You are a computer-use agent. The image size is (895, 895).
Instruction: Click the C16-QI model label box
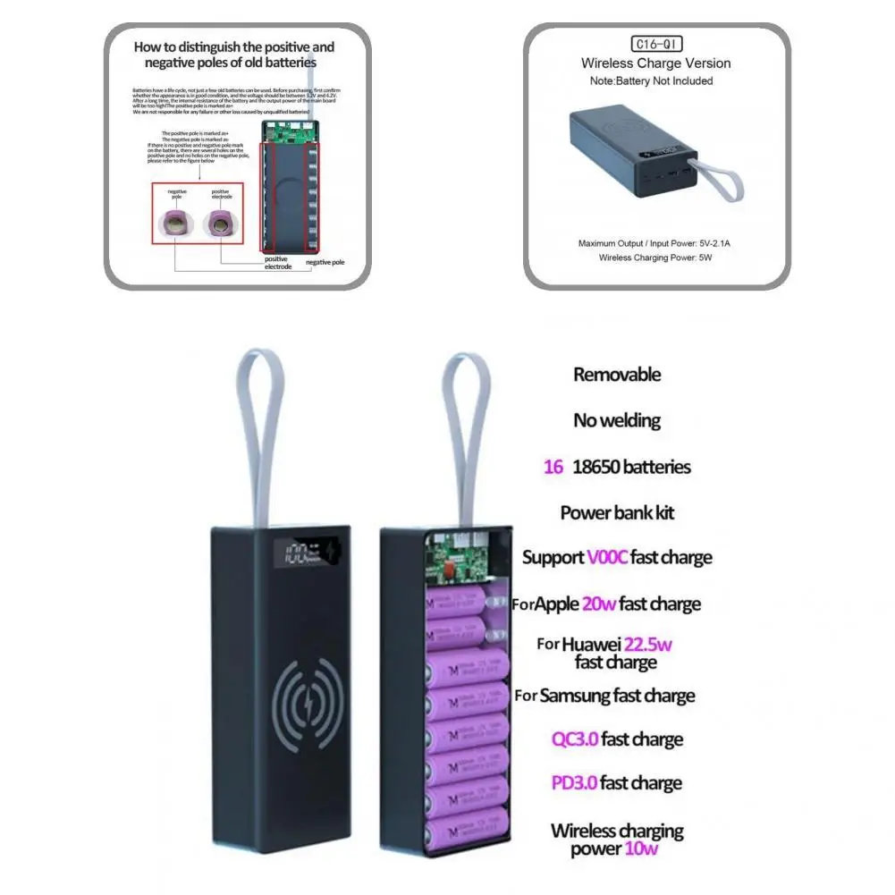point(658,43)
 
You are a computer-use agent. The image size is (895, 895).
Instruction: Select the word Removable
point(617,375)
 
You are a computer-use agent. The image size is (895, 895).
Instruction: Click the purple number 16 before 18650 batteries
point(553,467)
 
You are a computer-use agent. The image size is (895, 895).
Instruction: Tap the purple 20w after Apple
point(598,604)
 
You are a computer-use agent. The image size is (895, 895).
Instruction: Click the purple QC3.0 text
point(574,739)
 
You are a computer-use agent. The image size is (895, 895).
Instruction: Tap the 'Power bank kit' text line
point(617,513)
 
